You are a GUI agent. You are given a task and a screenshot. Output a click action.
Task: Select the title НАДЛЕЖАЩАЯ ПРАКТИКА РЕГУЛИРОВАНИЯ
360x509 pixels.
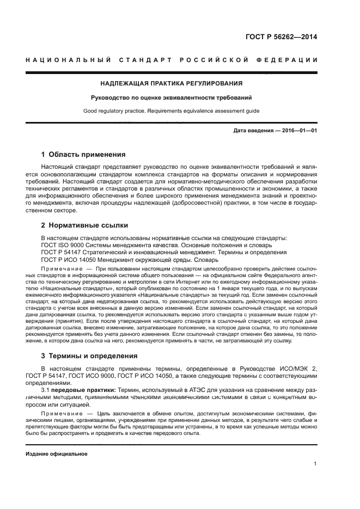[171, 83]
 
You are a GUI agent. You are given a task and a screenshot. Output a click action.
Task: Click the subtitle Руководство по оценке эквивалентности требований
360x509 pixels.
[171, 98]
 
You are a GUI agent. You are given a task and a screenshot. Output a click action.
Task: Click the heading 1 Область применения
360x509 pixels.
[83, 154]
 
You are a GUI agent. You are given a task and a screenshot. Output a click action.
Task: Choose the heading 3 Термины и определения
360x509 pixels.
[89, 356]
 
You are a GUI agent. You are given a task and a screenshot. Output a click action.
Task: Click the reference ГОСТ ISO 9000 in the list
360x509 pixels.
[63, 245]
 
